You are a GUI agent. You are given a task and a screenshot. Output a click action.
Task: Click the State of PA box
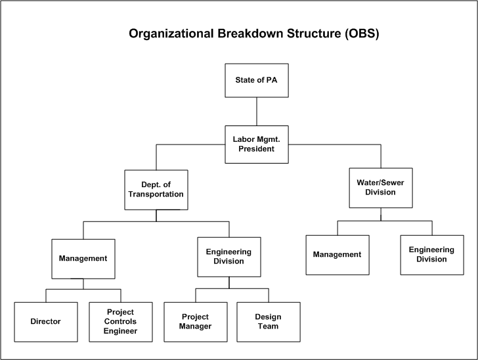256,80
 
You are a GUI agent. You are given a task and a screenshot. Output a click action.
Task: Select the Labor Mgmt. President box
256,144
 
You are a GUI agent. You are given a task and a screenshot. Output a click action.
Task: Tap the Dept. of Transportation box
156,190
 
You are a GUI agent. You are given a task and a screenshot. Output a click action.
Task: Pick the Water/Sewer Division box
381,187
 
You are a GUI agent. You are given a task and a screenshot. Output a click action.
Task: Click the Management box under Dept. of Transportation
83,258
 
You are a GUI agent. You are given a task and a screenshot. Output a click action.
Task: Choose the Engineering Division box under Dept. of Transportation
229,256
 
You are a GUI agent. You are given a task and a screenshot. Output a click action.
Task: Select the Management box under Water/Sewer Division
337,254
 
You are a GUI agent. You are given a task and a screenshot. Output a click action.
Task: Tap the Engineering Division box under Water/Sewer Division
432,254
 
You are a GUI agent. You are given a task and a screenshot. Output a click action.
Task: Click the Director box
45,322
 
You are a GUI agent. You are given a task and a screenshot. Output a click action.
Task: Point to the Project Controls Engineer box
121,322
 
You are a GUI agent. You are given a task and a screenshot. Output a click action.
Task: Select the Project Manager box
195,322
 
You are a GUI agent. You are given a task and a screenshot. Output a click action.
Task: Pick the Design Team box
268,322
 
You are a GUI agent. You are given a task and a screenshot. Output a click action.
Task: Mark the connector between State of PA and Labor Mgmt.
256,111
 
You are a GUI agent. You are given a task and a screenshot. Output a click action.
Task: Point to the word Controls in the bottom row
121,322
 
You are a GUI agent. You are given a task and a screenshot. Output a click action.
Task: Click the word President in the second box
256,149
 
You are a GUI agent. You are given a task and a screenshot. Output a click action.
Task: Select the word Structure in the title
305,34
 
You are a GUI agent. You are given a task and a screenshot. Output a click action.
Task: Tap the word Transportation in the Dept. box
156,194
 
